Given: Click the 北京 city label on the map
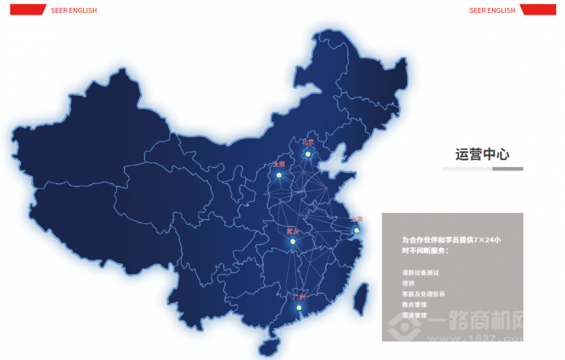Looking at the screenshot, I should point(308,142).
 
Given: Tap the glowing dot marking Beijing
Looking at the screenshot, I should point(307,153).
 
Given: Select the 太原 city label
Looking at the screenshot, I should point(278,164).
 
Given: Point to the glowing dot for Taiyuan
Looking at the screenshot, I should point(278,174).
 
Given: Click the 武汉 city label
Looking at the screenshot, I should point(292,231).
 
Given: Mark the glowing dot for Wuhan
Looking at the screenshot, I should point(295,241).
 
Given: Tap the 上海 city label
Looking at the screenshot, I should point(357,219).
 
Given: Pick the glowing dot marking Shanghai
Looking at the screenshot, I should point(357,230).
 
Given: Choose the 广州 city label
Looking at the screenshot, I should point(301,297).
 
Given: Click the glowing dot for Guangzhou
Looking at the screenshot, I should point(300,308).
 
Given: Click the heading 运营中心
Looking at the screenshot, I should point(482,154).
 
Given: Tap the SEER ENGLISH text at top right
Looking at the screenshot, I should point(492,10).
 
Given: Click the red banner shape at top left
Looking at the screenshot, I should point(26,10).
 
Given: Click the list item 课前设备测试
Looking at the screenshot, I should point(420,273).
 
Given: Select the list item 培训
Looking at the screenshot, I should point(408,283).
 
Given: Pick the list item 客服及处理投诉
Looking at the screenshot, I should point(423,294).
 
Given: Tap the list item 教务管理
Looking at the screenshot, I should point(414,304).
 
